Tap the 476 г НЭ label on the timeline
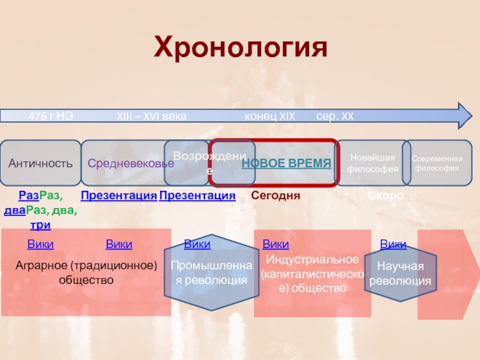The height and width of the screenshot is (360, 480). point(51,116)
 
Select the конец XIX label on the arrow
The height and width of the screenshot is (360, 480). point(269,116)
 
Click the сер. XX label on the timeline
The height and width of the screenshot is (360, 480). point(335,116)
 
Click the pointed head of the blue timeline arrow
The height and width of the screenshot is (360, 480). point(464,116)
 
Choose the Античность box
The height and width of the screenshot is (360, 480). point(40,163)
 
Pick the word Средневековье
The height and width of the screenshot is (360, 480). point(127,163)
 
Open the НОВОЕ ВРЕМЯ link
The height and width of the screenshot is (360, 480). point(286,163)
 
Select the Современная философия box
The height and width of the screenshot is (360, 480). point(436,163)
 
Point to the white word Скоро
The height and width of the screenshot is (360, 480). point(386,196)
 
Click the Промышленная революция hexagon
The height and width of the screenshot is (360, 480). point(209,273)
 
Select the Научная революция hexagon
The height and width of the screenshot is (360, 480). point(400,274)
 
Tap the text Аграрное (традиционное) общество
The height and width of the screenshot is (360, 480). point(86,272)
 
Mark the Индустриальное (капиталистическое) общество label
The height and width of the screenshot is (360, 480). point(312,274)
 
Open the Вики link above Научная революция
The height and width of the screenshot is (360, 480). point(393,244)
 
